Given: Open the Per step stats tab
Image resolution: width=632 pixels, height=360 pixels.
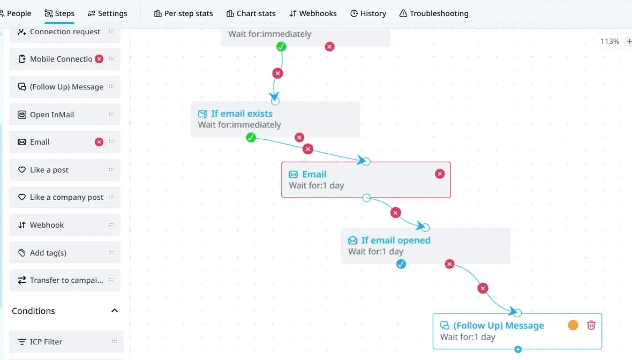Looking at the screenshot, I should click(183, 13).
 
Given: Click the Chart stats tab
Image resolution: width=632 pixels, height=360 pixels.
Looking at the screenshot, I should click(251, 13).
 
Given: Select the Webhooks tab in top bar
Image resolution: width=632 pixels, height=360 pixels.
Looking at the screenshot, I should click(313, 13).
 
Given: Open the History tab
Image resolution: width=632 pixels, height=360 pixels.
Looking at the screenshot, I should click(368, 13).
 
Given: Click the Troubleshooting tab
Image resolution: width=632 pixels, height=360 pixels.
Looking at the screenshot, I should click(434, 13).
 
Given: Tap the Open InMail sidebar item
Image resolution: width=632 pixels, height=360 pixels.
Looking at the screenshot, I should click(52, 115).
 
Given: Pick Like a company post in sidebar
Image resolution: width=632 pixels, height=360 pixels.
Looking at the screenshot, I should click(66, 197).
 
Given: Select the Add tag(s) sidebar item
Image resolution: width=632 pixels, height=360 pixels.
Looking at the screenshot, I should click(48, 253).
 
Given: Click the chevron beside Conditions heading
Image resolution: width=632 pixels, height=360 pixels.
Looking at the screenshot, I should click(114, 311).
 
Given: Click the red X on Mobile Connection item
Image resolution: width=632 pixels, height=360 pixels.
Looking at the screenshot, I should click(99, 59).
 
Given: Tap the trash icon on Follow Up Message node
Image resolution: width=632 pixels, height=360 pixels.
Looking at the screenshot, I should click(591, 325).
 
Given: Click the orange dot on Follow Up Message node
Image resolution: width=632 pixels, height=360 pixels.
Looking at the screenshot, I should click(573, 325).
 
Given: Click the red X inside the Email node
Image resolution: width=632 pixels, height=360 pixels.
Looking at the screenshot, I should click(440, 174).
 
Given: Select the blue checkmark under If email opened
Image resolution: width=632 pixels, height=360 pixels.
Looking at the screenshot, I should click(401, 264).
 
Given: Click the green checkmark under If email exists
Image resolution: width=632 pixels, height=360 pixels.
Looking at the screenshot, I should click(251, 138).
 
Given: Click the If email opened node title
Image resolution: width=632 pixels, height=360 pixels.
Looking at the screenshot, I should click(396, 240).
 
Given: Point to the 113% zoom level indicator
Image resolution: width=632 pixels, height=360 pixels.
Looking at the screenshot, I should click(610, 41).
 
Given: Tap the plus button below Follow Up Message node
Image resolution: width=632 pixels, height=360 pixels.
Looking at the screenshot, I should click(517, 349).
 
